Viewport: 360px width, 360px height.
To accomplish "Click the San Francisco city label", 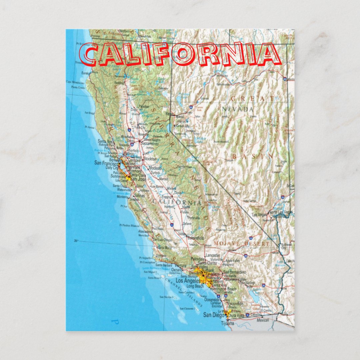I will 106,163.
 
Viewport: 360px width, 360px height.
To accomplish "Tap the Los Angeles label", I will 188,281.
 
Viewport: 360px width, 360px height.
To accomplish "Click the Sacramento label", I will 149,144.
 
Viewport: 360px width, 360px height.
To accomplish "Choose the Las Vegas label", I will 259,215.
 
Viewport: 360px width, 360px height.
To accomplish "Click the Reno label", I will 169,114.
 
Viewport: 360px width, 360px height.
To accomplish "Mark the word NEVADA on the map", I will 238,109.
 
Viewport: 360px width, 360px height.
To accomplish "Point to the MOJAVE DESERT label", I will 242,244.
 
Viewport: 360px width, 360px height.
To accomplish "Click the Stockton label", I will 151,159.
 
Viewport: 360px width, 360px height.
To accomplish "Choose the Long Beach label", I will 195,286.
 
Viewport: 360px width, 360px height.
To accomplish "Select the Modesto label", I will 155,168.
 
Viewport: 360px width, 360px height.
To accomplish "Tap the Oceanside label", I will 212,300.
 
